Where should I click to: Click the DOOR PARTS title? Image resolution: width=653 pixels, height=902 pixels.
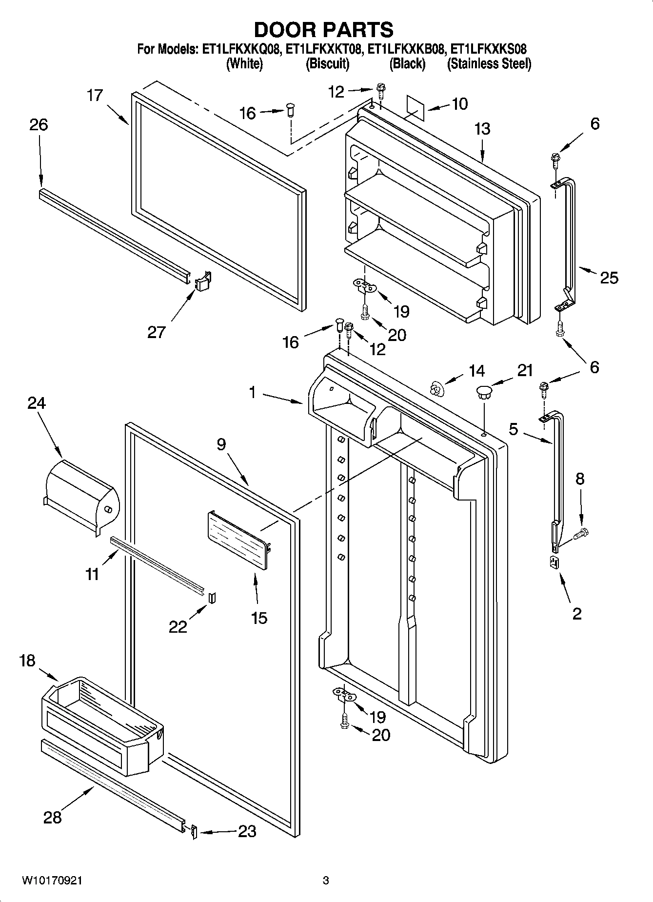tap(323, 30)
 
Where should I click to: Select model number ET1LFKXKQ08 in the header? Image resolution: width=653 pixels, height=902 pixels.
tap(241, 49)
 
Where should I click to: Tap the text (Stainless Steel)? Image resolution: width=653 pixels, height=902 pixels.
tap(489, 64)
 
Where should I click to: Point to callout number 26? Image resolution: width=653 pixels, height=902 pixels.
tap(39, 125)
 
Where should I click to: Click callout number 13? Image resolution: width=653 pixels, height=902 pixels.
tap(482, 129)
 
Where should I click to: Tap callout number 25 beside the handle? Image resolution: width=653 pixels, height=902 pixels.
tap(609, 278)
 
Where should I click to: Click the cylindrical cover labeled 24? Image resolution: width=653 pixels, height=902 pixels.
tap(80, 495)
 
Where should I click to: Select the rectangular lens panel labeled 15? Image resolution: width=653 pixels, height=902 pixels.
tap(238, 539)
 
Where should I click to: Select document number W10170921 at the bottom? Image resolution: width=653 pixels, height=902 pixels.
tap(52, 881)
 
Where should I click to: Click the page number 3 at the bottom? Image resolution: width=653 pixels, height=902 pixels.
tap(326, 881)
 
